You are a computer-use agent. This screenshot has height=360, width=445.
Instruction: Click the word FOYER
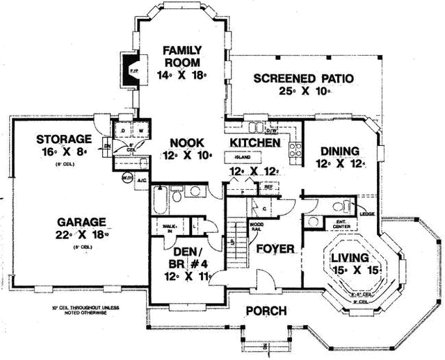point(275,248)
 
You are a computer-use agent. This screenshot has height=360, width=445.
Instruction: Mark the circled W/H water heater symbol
point(127,179)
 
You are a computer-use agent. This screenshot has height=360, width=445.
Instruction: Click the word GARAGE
point(81,222)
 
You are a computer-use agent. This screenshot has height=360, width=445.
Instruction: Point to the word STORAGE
point(65,138)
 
